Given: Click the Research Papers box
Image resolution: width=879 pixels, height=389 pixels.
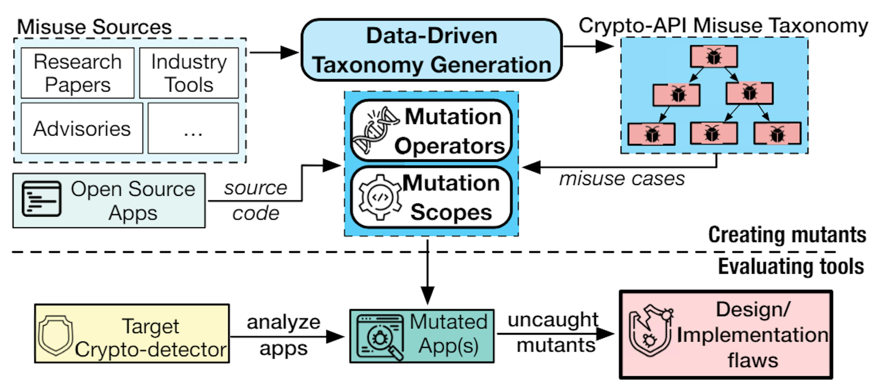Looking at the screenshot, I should click(77, 73).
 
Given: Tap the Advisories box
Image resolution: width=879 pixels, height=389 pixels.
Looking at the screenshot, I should click(82, 128).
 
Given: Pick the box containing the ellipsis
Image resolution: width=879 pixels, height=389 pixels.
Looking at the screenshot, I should click(193, 128).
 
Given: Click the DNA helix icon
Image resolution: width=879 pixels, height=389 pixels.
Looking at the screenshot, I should click(375, 130).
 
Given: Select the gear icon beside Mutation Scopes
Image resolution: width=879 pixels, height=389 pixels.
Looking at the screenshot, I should click(380, 197).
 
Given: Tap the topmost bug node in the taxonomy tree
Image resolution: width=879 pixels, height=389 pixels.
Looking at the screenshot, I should click(714, 56).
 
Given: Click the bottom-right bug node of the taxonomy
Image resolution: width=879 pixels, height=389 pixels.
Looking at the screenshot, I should click(777, 134).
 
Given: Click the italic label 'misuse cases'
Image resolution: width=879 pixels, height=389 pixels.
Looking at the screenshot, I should click(622, 179).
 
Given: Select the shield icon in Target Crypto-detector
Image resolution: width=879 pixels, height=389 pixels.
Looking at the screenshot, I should click(56, 335).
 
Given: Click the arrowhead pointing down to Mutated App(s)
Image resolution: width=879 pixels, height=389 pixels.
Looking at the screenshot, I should click(428, 295).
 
